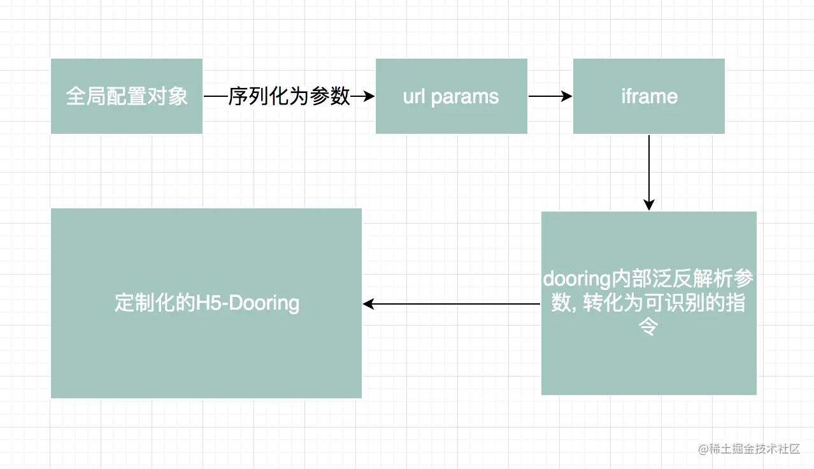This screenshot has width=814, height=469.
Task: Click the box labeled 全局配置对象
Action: point(127,96)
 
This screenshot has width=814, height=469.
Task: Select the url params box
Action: point(452,96)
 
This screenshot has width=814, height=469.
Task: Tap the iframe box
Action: point(649,96)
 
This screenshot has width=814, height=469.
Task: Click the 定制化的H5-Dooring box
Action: point(206,303)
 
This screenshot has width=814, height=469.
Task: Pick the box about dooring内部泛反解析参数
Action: point(649,303)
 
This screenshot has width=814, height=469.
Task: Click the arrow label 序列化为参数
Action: point(289,96)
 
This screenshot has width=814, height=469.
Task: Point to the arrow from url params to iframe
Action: point(550,96)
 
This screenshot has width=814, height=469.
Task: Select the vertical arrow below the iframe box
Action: point(649,173)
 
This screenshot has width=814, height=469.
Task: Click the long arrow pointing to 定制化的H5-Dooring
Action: point(452,303)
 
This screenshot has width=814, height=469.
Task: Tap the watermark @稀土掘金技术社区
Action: point(749,449)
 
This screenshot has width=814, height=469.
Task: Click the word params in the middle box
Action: point(465,97)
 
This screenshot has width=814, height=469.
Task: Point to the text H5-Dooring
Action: point(248,303)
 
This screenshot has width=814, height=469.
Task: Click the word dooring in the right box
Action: point(576,279)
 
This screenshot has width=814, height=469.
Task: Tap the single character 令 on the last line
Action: point(648,326)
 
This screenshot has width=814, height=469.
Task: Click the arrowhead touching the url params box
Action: point(368,96)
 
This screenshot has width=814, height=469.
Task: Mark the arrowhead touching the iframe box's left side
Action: point(566,96)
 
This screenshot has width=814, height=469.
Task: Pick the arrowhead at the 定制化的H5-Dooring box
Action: point(369,303)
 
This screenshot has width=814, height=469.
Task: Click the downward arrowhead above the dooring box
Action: point(649,205)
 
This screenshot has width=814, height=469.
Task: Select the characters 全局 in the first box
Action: point(86,96)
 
